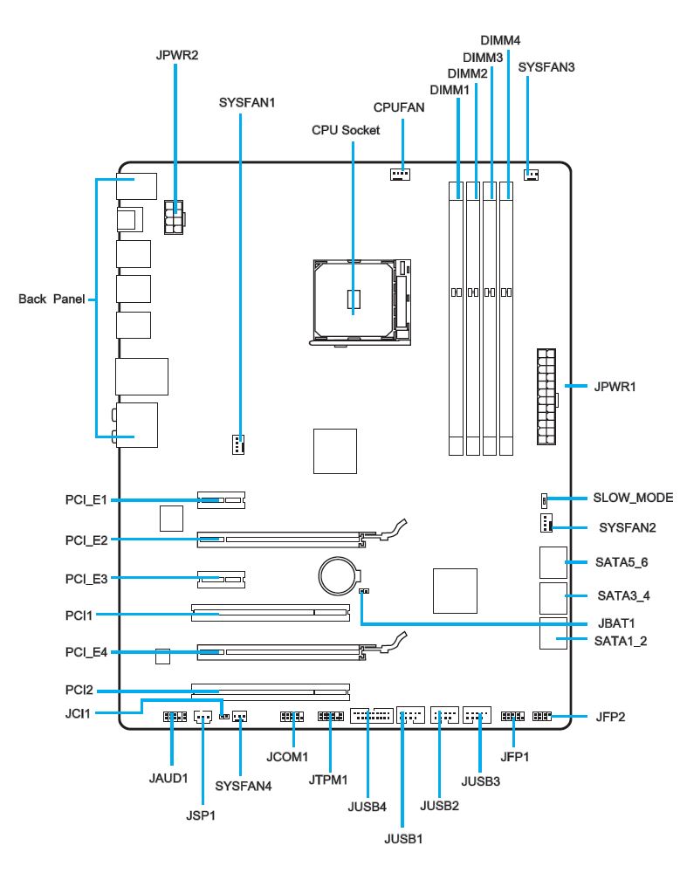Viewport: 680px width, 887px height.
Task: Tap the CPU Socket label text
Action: click(x=346, y=130)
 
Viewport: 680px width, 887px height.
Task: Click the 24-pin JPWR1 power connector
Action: click(x=546, y=396)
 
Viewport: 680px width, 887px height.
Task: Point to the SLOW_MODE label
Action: click(x=633, y=499)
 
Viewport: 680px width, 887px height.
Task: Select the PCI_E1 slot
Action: click(x=222, y=501)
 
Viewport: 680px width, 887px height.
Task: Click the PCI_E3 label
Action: click(x=86, y=579)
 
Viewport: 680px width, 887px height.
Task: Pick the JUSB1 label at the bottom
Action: click(x=403, y=840)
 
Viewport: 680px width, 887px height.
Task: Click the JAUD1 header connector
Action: click(x=175, y=718)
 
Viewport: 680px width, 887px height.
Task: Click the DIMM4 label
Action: click(x=501, y=40)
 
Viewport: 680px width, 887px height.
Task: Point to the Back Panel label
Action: click(x=52, y=299)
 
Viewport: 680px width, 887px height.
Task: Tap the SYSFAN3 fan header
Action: click(x=531, y=174)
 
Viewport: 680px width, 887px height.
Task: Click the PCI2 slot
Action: click(x=270, y=690)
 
